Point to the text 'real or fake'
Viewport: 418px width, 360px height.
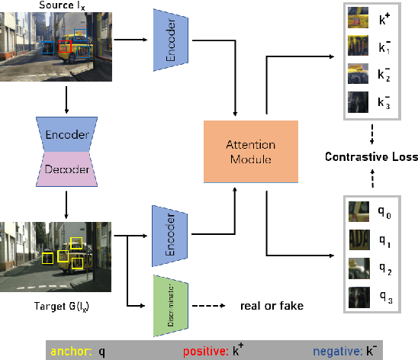pos(272,306)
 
